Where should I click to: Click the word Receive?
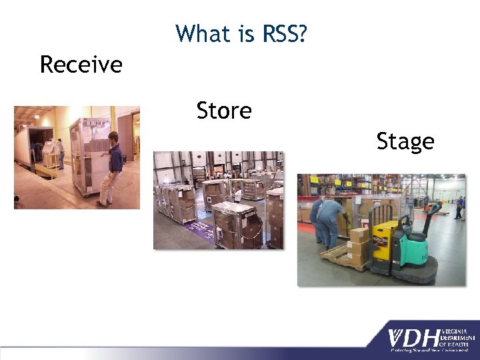click(x=81, y=65)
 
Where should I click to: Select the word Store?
click(x=224, y=111)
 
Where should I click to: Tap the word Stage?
click(x=405, y=141)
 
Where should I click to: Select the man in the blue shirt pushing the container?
click(x=111, y=166)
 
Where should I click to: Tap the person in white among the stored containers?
click(x=237, y=195)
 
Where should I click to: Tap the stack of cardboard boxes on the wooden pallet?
click(x=359, y=243)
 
